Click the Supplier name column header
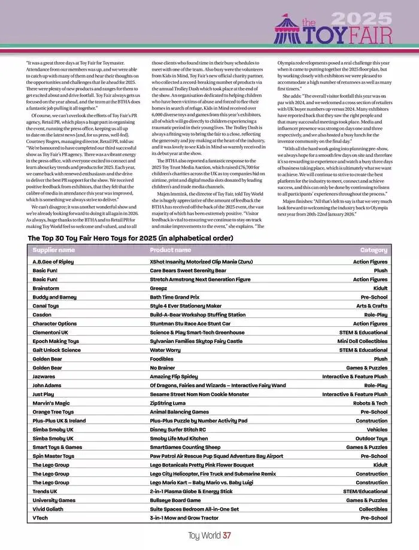coord(53,250)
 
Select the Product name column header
coord(170,250)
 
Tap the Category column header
coord(374,250)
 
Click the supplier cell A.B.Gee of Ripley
coord(53,262)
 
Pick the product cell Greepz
coord(159,288)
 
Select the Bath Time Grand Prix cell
coord(174,297)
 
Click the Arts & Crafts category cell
coord(372,306)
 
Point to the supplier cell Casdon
coord(42,315)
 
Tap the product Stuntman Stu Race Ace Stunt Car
coord(190,323)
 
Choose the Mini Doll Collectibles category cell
coord(362,341)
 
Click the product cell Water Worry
coord(165,350)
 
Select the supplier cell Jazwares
coord(44,376)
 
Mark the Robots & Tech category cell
coord(370,403)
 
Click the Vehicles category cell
coord(377,430)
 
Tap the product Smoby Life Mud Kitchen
coord(178,438)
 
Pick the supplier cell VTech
coord(40,518)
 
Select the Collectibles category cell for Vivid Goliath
coord(373,509)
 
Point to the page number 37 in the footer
coord(226,536)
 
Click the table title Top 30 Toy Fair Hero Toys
coord(130,238)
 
